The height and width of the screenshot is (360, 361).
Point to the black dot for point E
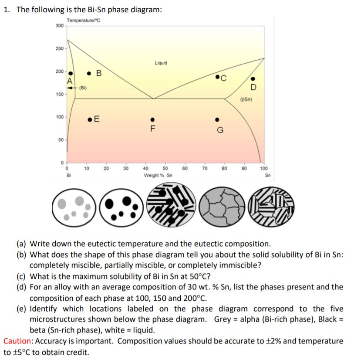(89, 118)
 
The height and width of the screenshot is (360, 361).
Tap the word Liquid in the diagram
(161, 63)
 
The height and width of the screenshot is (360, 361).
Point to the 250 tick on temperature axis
(60, 48)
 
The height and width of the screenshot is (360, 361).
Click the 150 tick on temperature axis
(60, 94)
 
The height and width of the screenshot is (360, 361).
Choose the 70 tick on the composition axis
(205, 167)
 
